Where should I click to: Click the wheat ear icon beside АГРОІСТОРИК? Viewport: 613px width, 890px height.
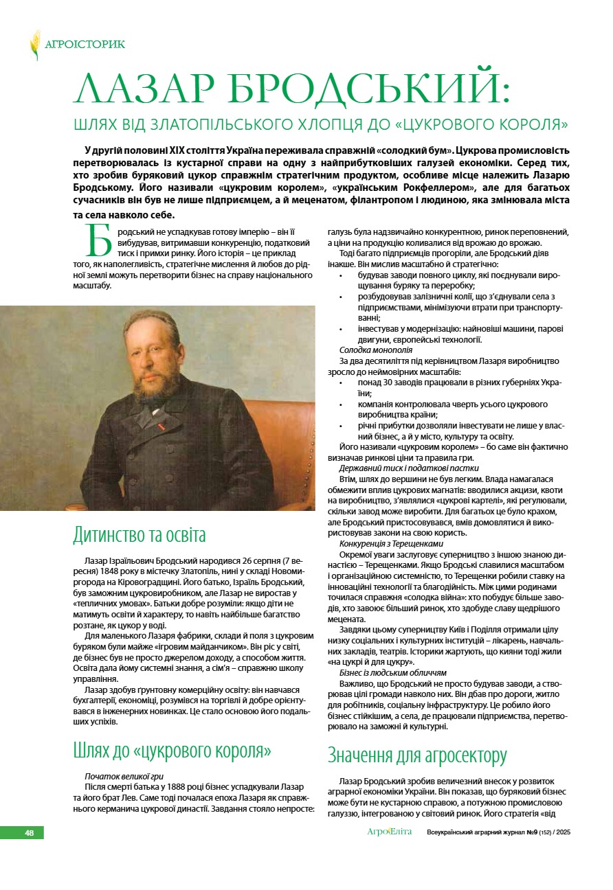coord(35,45)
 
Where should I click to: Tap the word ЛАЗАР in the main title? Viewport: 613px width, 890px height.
coord(144,92)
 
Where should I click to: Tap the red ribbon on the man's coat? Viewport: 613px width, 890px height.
coord(161,427)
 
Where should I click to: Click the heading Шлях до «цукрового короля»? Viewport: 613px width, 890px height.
coord(172,751)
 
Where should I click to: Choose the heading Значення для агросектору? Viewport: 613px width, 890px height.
coord(417,756)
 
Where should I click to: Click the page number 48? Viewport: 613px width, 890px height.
coord(30,833)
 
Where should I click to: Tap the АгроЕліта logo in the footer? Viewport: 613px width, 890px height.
coord(389,832)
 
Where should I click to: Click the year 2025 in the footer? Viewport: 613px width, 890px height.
coord(564,833)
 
